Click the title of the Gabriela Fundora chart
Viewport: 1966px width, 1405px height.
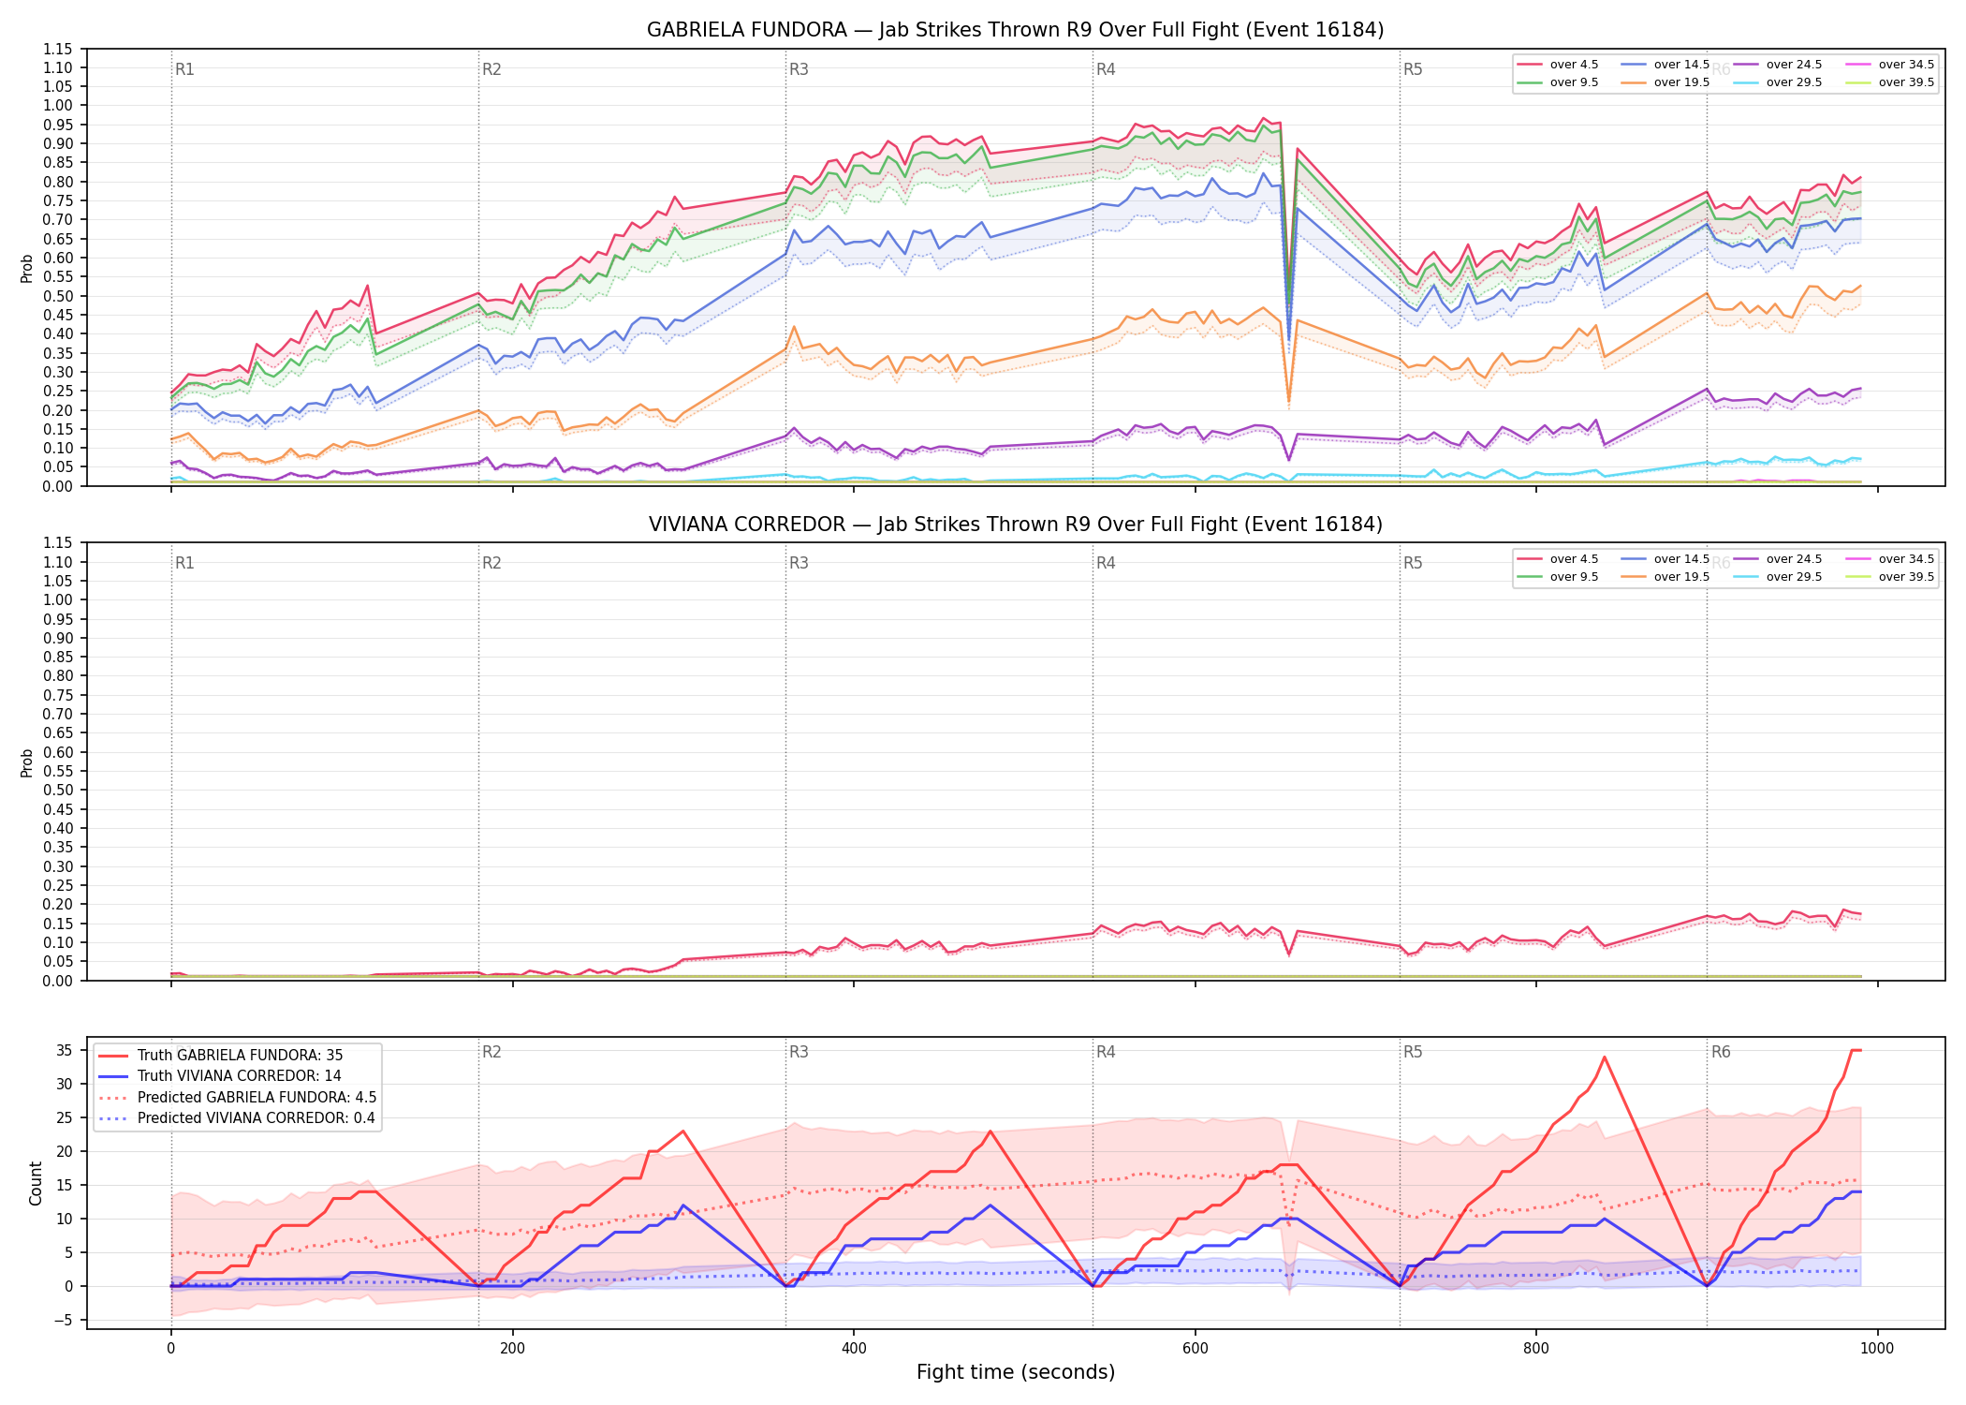[x=1015, y=30]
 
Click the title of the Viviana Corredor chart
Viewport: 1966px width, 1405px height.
[x=1015, y=525]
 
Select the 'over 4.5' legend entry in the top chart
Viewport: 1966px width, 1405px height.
[x=1558, y=65]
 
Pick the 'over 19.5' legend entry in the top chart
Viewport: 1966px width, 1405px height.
[x=1665, y=82]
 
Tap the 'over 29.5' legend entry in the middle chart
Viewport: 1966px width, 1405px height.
[x=1778, y=577]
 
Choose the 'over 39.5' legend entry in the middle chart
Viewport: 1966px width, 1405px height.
[x=1890, y=577]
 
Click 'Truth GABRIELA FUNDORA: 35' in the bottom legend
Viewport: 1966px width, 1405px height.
[x=221, y=1056]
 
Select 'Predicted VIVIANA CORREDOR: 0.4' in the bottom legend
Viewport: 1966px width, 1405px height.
[x=237, y=1118]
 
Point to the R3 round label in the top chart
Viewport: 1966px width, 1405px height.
[x=799, y=69]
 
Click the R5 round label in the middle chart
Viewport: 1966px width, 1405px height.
[x=1413, y=563]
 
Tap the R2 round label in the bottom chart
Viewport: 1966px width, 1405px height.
[x=491, y=1052]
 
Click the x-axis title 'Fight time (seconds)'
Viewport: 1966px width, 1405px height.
[x=1016, y=1372]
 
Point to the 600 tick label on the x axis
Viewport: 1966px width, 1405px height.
[x=1196, y=1349]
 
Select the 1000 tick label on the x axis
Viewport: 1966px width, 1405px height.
[x=1877, y=1349]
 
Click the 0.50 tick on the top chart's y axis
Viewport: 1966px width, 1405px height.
[x=59, y=296]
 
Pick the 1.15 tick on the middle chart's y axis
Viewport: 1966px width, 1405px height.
[x=59, y=543]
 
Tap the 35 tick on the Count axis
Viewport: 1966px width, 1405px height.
[x=65, y=1051]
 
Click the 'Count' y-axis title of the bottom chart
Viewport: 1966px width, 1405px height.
[x=36, y=1183]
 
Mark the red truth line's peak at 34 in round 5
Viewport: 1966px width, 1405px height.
[x=1605, y=1057]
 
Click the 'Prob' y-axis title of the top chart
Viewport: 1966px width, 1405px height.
[x=27, y=268]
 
